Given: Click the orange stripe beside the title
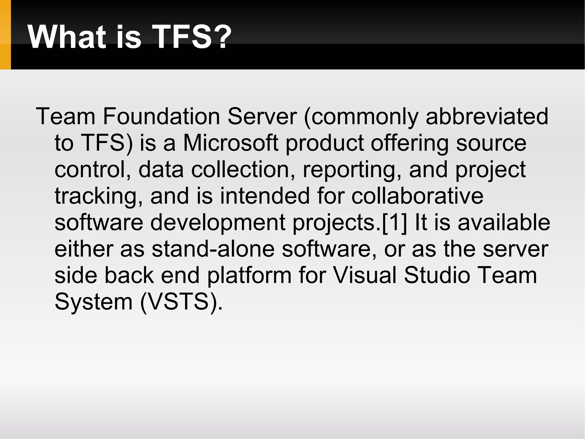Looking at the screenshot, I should tap(5, 34).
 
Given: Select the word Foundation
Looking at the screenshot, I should tap(161, 116).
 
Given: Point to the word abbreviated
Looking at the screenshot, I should tap(487, 116).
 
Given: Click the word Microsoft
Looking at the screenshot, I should tap(231, 143).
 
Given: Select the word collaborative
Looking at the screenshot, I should tap(417, 196).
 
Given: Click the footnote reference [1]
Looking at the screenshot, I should tap(394, 223).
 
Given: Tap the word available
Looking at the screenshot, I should tap(504, 223).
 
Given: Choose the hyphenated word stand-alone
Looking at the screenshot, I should tap(213, 249).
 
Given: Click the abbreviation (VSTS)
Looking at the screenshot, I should tap(181, 302).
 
